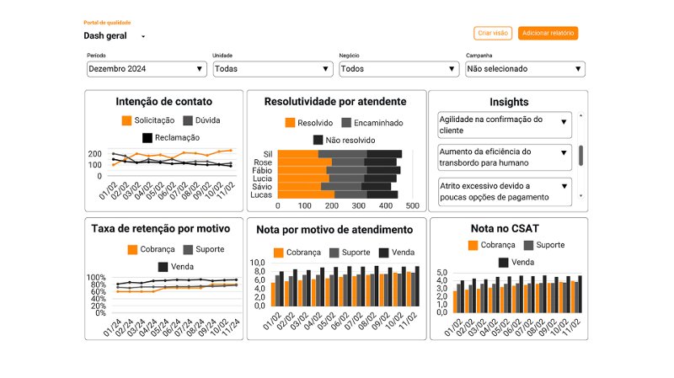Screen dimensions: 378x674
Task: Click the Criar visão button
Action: (x=493, y=34)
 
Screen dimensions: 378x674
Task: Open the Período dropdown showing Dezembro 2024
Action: (x=147, y=69)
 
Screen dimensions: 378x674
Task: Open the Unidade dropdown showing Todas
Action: (x=273, y=69)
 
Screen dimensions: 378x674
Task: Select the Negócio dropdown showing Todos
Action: (x=399, y=69)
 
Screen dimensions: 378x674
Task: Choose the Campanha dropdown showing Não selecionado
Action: (x=526, y=69)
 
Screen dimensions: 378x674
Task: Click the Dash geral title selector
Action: (x=115, y=36)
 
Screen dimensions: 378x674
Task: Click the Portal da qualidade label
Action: (x=107, y=23)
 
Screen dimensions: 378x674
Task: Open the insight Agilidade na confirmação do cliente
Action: (x=504, y=125)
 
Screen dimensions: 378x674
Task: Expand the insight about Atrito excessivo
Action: (x=504, y=191)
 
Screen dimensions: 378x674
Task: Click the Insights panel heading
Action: (x=508, y=102)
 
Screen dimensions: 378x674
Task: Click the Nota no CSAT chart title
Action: (x=508, y=228)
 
